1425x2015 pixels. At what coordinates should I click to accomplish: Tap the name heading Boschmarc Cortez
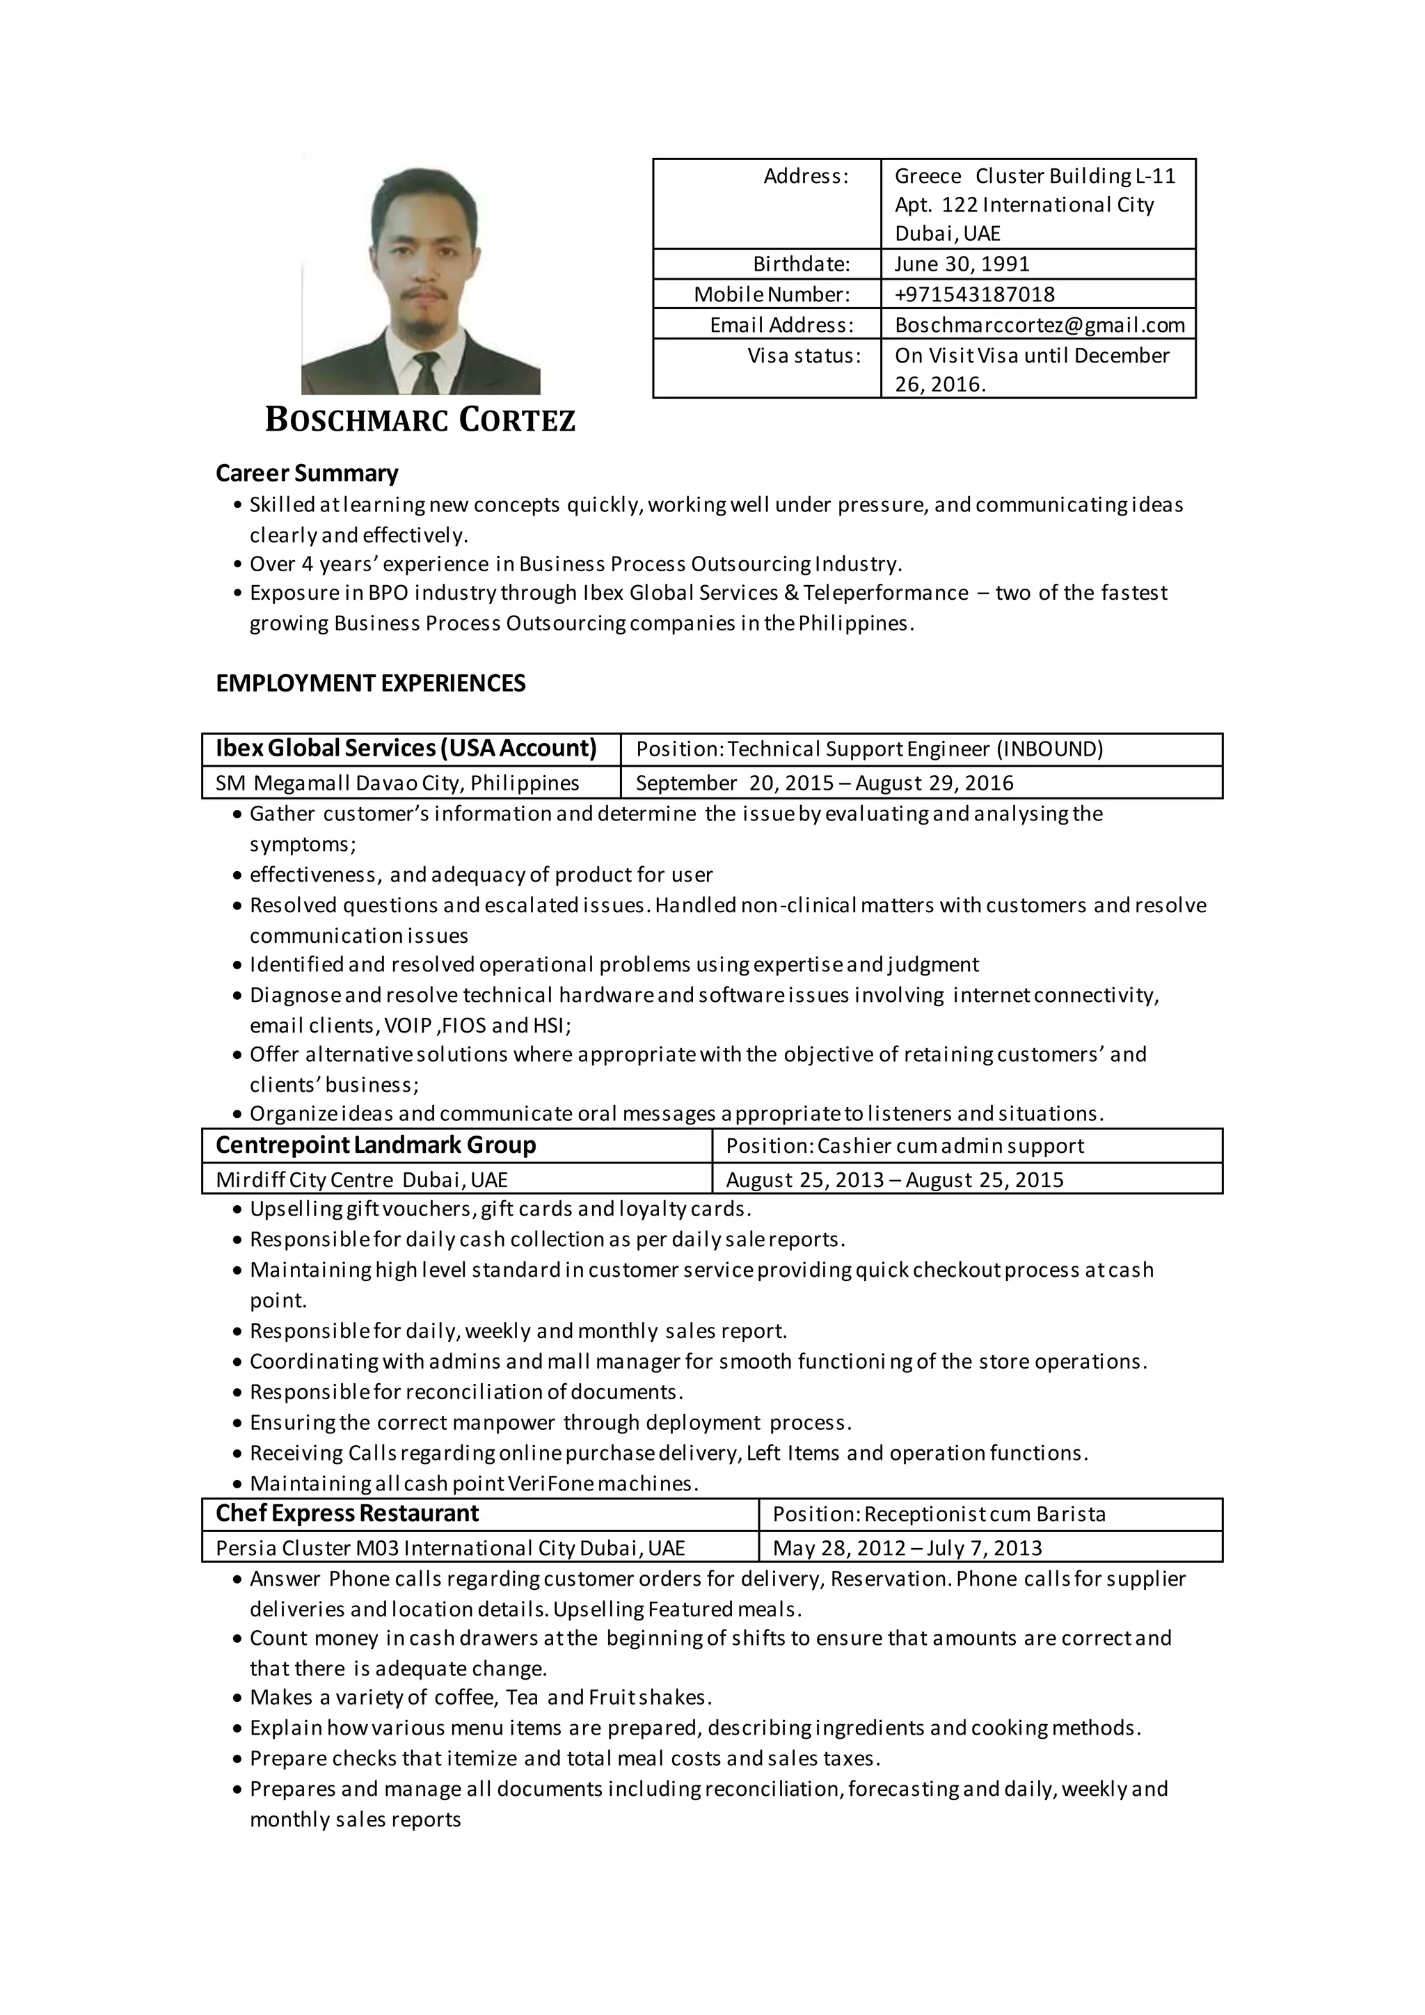point(420,420)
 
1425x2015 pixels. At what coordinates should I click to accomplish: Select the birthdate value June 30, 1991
point(962,264)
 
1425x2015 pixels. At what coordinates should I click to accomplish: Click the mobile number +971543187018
point(974,294)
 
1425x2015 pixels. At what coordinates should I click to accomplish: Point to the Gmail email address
point(1039,325)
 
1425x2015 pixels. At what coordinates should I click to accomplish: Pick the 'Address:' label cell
point(806,177)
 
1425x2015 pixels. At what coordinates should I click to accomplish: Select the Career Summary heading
point(307,473)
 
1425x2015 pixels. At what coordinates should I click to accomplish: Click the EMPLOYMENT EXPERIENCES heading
point(370,684)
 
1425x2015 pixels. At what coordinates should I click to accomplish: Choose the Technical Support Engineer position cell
point(868,749)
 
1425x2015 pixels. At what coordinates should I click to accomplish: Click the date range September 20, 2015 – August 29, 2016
point(824,783)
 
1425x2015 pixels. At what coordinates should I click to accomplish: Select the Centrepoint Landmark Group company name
point(376,1145)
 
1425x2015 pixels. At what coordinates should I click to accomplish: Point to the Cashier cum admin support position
point(905,1146)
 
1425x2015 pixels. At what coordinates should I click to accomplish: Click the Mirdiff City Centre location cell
point(362,1179)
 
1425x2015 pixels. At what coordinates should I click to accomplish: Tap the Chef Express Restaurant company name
point(347,1514)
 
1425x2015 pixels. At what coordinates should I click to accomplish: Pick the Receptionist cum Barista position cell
point(939,1515)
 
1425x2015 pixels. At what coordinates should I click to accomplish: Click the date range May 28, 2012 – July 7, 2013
point(907,1548)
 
